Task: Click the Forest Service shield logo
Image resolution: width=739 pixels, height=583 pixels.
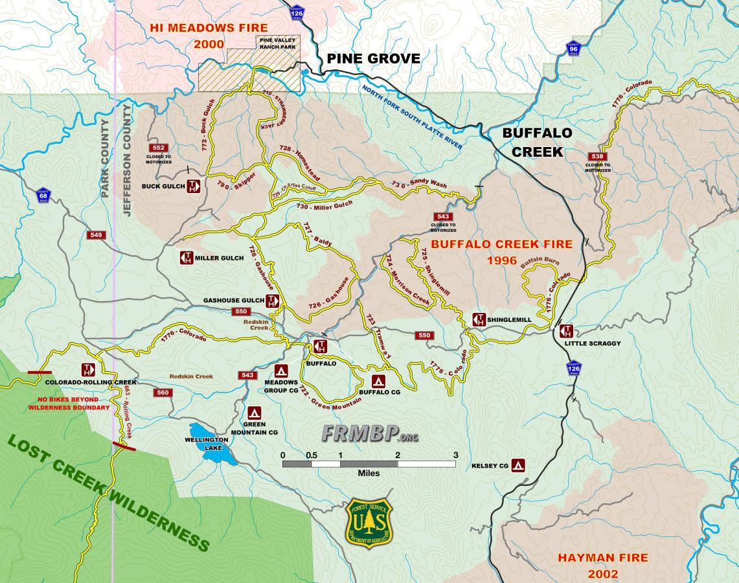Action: [x=370, y=523]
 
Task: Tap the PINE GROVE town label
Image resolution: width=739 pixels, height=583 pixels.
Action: [x=373, y=59]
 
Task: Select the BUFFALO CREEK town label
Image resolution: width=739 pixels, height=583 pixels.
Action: [x=538, y=142]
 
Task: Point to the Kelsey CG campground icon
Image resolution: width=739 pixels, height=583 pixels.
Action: [x=517, y=465]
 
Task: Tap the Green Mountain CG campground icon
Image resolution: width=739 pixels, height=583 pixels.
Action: [x=254, y=413]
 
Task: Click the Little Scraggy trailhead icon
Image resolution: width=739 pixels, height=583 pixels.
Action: [x=566, y=331]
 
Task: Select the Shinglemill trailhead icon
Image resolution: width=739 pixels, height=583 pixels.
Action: [x=479, y=319]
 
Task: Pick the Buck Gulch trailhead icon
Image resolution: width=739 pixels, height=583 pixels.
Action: [x=193, y=187]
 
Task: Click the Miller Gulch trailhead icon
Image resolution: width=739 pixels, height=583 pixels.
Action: [x=187, y=258]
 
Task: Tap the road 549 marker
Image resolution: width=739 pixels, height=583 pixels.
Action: [x=97, y=234]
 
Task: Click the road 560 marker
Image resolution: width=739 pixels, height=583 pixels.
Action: [x=163, y=393]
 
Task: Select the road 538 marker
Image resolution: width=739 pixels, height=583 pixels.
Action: [x=597, y=156]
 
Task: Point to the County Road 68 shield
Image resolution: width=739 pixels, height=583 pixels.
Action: [x=43, y=194]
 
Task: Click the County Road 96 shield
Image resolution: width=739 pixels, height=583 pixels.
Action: [x=573, y=50]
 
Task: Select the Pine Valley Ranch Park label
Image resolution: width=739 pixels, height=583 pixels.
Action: [x=277, y=43]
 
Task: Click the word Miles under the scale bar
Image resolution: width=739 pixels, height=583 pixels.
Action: [x=369, y=474]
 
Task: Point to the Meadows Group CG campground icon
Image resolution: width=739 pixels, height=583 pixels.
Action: [x=281, y=371]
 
